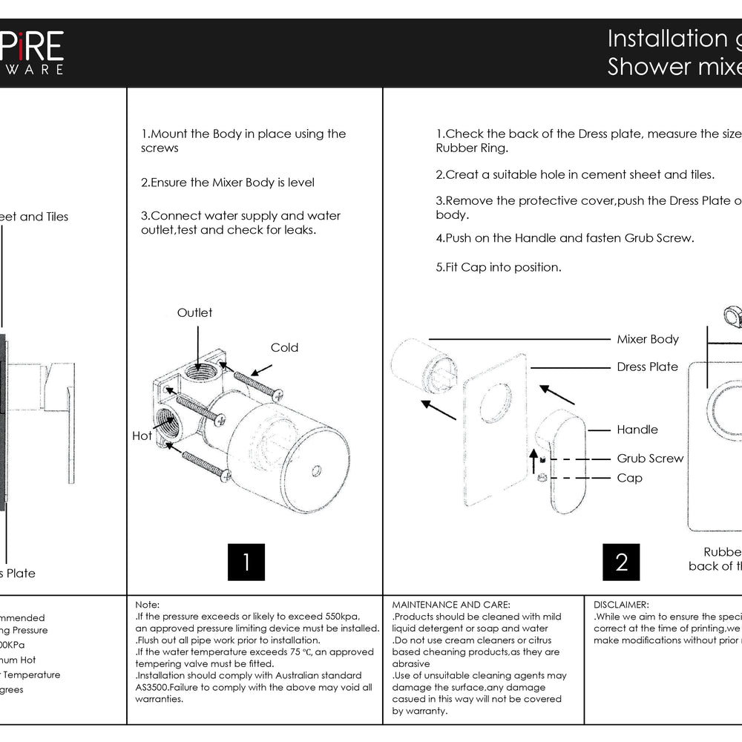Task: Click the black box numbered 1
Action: point(246,562)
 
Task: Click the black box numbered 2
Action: point(622,562)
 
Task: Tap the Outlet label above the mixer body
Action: point(194,312)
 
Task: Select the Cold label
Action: point(284,347)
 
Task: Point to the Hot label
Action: point(142,436)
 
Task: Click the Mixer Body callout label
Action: point(648,339)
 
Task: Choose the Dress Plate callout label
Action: point(647,367)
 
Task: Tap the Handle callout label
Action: point(637,430)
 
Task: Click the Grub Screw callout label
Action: point(650,459)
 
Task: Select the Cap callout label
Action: point(629,478)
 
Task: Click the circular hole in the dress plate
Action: point(495,404)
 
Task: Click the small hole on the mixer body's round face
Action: point(317,470)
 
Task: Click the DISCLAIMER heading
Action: point(621,605)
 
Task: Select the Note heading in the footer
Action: point(147,605)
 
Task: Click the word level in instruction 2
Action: point(300,183)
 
